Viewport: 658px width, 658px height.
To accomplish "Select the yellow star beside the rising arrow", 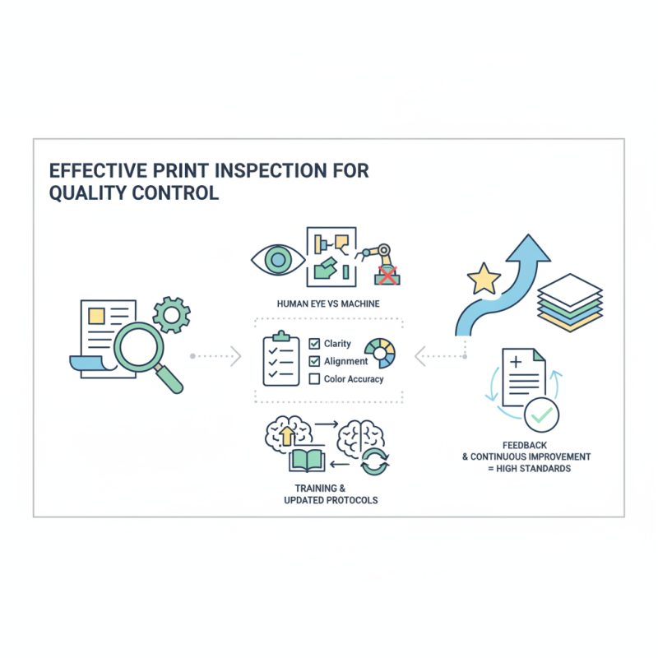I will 484,280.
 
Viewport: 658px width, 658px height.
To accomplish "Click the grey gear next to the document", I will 172,314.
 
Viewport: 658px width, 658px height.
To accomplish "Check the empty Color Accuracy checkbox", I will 314,379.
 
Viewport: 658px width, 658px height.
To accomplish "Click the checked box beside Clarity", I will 314,344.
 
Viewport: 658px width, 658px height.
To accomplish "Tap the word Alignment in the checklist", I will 346,362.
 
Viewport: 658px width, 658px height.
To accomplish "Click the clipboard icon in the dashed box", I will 280,359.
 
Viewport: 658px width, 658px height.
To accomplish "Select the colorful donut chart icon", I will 381,352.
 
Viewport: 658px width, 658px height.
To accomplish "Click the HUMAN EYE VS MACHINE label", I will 328,304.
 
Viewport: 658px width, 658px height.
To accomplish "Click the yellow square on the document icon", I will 96,315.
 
